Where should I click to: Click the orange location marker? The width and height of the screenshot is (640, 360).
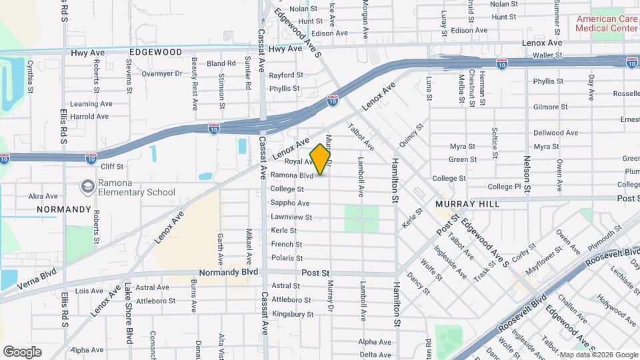tap(320, 159)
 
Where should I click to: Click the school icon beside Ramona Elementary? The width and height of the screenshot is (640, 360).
tap(87, 187)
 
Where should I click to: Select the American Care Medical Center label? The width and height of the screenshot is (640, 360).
tap(607, 23)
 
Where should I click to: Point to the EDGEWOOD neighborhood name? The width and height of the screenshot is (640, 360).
tap(155, 51)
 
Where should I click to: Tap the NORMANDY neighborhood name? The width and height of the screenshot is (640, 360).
tap(63, 209)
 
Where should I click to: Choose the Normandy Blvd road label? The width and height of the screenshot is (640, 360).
tap(229, 273)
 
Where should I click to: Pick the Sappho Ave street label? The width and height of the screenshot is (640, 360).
tap(289, 203)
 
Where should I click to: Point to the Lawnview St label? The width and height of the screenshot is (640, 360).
tap(291, 217)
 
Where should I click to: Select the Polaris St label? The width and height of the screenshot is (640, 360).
tap(287, 258)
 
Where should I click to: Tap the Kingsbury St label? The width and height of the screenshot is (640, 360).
tap(292, 314)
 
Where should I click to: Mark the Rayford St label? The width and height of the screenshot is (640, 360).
tap(286, 75)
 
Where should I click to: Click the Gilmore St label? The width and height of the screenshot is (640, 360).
tap(550, 107)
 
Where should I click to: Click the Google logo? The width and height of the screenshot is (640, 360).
tap(22, 351)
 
